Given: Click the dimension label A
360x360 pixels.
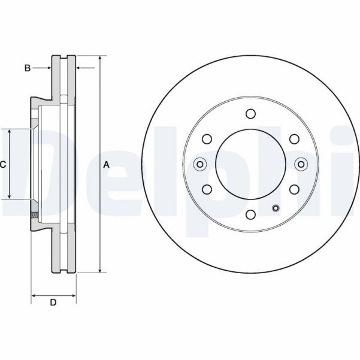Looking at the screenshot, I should click(106, 164).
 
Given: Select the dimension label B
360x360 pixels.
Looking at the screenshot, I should click(28, 68).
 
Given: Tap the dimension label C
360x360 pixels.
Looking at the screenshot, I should click(3, 164).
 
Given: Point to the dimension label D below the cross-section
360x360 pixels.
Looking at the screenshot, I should click(53, 303).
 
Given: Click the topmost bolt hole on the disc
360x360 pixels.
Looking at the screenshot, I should click(250, 114).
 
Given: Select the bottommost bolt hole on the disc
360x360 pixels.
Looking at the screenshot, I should click(250, 214).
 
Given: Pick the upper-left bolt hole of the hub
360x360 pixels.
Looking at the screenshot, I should click(207, 139).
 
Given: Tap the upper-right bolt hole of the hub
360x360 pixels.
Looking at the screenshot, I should click(294, 139).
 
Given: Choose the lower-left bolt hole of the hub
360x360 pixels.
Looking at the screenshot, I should click(207, 189).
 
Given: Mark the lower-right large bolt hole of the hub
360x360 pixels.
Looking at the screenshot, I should click(294, 189).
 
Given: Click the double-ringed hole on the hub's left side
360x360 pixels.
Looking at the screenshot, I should click(200, 164).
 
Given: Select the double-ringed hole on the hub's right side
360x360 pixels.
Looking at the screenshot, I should click(301, 164).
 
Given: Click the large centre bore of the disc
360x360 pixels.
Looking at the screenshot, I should click(250, 164).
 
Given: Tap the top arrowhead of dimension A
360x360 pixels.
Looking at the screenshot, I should click(99, 59).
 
